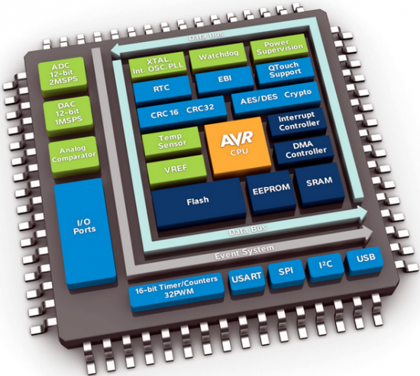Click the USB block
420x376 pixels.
point(363,262)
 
